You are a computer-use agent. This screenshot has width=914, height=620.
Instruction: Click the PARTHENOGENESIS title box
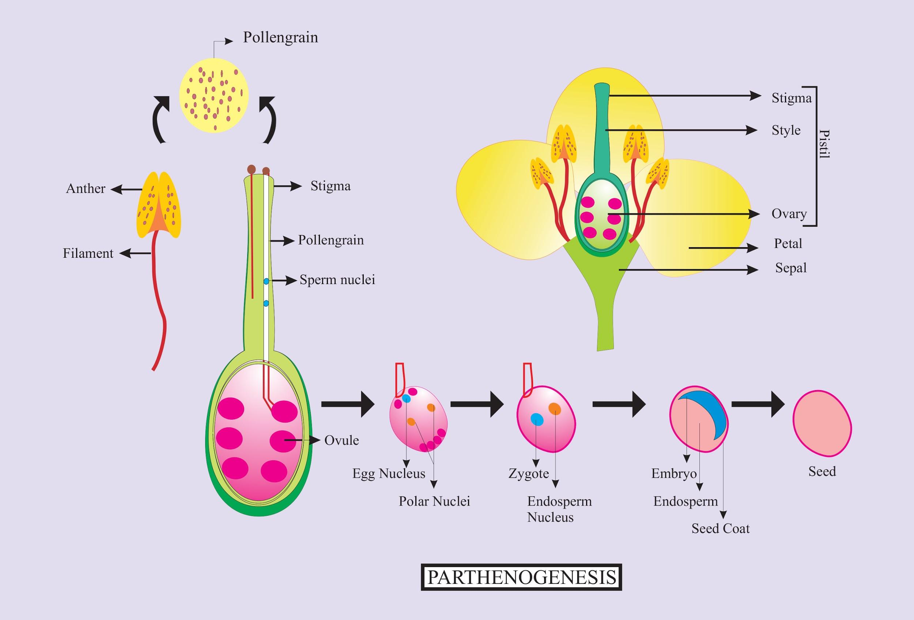coord(521,577)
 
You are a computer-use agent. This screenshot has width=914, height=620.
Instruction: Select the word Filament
coord(88,253)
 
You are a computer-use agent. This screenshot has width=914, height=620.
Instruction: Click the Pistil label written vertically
coord(824,144)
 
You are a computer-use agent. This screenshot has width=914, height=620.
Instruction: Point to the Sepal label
coord(790,268)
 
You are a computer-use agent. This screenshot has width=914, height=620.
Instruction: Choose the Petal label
coord(788,244)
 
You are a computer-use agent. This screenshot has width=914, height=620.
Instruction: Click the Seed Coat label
coord(720,529)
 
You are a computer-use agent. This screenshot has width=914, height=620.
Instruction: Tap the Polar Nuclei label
coord(434,501)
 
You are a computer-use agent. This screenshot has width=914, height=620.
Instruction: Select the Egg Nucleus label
coord(389,473)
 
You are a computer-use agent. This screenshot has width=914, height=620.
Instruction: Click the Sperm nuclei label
coord(337,280)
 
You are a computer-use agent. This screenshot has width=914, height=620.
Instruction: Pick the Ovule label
coord(341,441)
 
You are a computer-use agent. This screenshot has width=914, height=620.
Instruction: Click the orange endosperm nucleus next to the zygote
coord(555,409)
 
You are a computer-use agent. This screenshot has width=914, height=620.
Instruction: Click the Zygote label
coord(529,473)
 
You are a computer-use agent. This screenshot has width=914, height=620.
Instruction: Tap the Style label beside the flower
coord(786,131)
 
